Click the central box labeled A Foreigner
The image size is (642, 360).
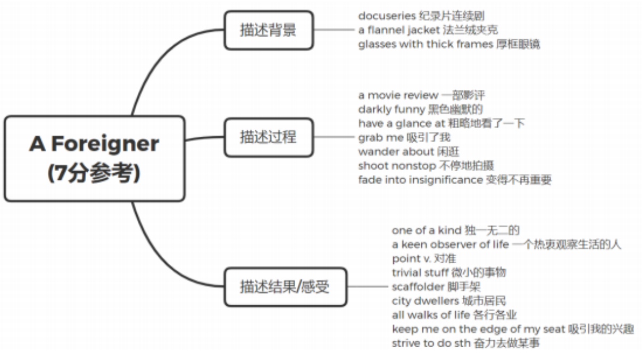tap(95, 158)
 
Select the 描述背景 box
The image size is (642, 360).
tap(268, 30)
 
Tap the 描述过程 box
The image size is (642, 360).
tap(268, 137)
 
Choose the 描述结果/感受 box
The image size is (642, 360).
tap(285, 287)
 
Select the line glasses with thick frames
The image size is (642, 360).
tap(426, 44)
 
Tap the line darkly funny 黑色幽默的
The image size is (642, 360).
tap(420, 110)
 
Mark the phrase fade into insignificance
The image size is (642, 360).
tap(420, 180)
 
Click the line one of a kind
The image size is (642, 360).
tap(426, 230)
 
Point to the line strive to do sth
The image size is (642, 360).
tap(431, 343)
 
